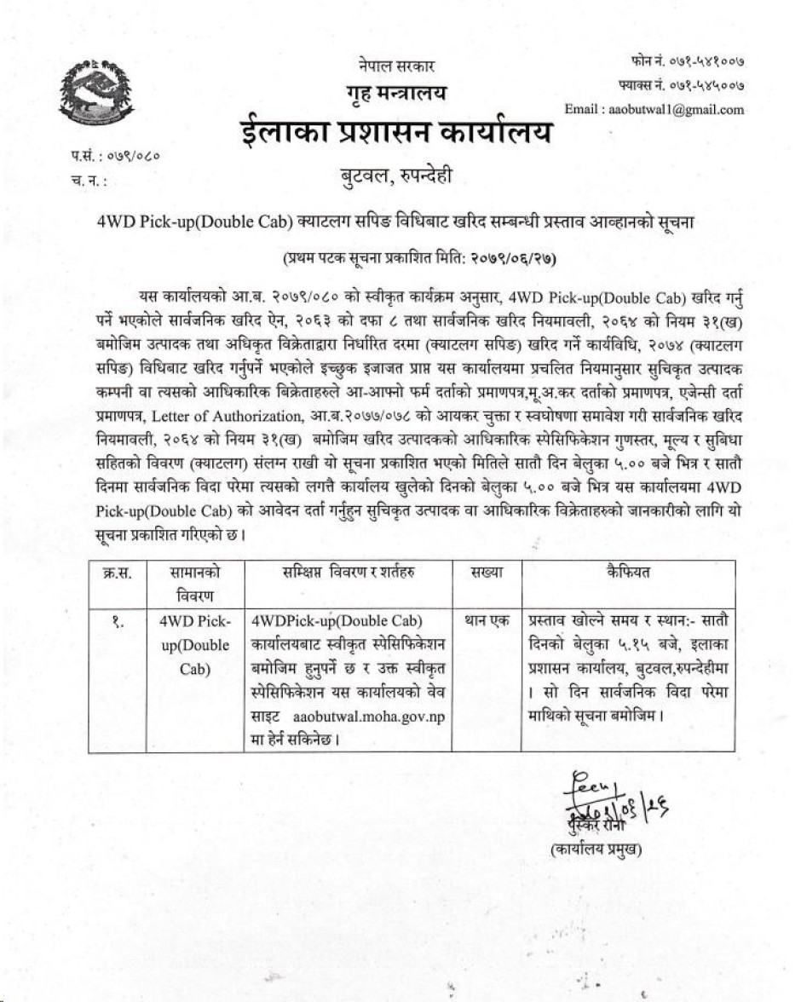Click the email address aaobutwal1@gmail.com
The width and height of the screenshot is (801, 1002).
pos(654,109)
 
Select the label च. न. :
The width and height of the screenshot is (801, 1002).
pos(90,181)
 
